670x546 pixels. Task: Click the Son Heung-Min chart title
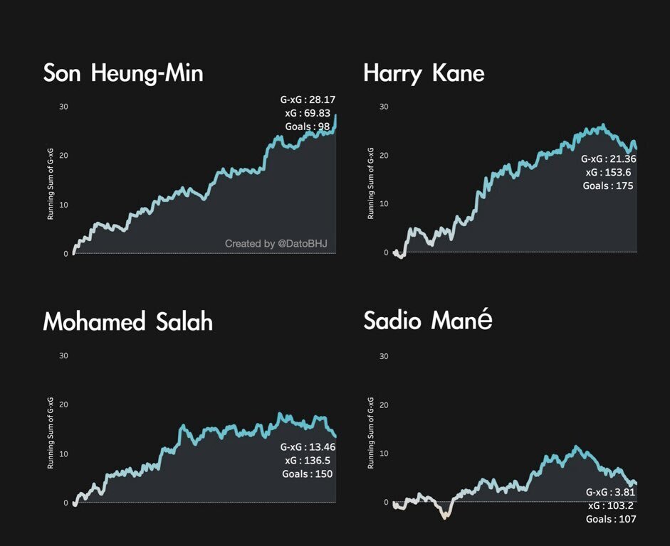click(123, 73)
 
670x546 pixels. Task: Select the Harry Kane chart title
click(424, 73)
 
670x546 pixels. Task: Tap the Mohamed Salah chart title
click(128, 322)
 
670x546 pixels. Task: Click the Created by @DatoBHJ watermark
click(276, 244)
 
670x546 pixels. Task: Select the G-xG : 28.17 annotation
click(308, 100)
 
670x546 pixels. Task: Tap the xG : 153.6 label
click(609, 172)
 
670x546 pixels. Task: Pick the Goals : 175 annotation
click(607, 186)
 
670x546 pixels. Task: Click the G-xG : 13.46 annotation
click(308, 447)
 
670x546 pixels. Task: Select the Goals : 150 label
click(308, 474)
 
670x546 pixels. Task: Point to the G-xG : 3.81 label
click(611, 492)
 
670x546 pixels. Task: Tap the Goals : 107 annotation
click(609, 520)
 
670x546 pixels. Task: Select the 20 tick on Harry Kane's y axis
click(384, 155)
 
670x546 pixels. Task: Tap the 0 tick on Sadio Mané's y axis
click(386, 502)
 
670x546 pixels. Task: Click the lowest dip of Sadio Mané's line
click(445, 518)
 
